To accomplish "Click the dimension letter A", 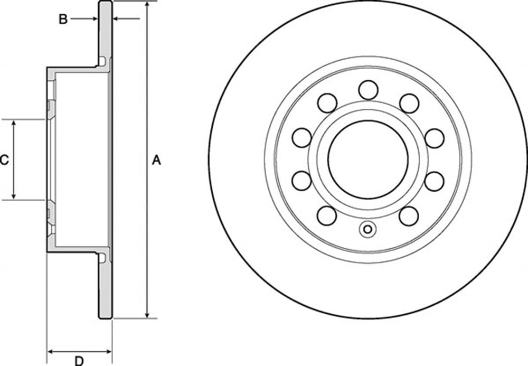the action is (x=156, y=160).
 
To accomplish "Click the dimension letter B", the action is (x=63, y=19).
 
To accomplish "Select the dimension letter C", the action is (x=4, y=160).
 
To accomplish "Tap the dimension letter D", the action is (x=79, y=361).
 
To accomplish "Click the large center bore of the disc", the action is (x=368, y=159).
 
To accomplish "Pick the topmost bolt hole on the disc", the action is (x=368, y=90).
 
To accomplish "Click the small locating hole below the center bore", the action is (x=368, y=229).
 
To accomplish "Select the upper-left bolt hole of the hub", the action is (x=327, y=103).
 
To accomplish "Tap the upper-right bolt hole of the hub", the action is (x=409, y=103).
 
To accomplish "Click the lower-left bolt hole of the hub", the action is (x=327, y=216).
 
